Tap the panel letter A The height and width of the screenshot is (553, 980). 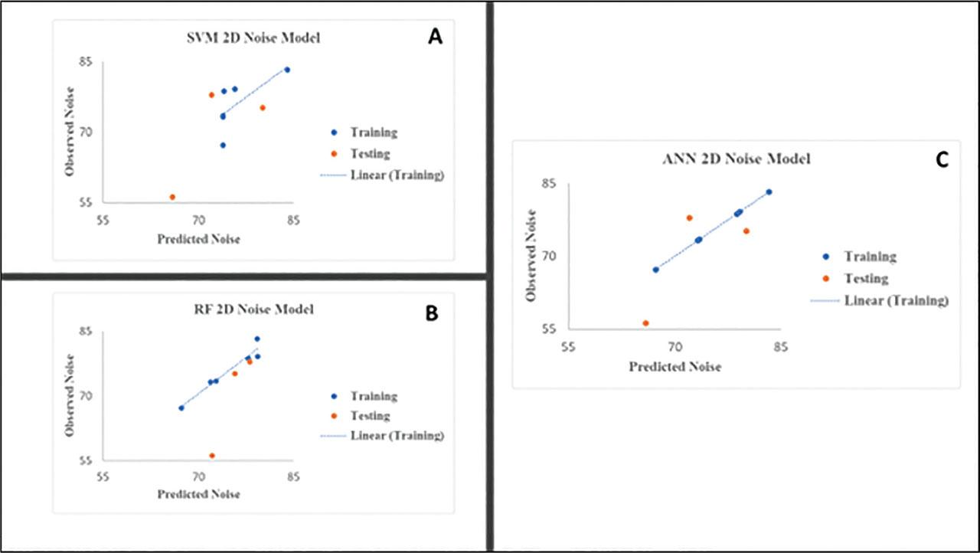point(435,38)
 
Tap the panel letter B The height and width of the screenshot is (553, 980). point(431,312)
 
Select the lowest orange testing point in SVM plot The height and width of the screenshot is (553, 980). point(172,197)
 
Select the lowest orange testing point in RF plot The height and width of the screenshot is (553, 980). point(212,456)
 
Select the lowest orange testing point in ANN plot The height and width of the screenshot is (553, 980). point(645,323)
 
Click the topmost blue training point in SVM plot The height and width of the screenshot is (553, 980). point(287,70)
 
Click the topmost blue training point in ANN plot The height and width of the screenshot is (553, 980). point(769,192)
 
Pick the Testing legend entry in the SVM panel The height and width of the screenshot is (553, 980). point(370,154)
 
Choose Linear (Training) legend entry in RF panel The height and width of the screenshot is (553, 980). point(397,436)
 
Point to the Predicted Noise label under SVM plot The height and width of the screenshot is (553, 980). point(198,239)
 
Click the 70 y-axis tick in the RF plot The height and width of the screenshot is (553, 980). point(86,396)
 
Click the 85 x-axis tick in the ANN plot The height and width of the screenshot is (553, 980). point(779,346)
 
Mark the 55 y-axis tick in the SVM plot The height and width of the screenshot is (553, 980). point(86,203)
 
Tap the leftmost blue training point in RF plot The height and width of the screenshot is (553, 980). point(181,407)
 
